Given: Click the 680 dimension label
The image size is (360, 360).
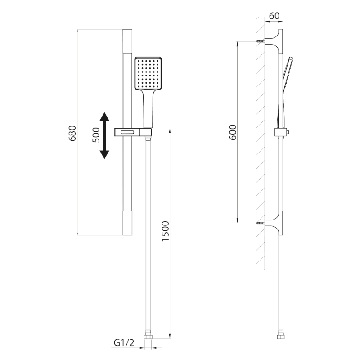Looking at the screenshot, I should [72, 133].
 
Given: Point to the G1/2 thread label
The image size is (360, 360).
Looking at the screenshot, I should [124, 343].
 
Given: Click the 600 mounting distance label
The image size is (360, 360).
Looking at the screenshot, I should [233, 131].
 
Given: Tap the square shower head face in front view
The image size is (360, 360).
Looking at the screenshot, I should [148, 73].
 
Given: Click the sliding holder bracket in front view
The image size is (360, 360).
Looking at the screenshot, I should [134, 132].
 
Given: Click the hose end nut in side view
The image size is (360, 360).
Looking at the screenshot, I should [279, 337].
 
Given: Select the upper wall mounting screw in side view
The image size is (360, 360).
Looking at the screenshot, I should [260, 41].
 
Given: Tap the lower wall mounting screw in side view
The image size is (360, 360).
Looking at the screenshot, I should [260, 223].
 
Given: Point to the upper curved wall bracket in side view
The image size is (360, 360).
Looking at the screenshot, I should [275, 38].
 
